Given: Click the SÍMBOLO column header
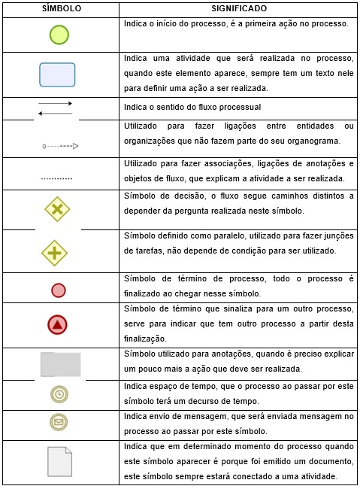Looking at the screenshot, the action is pos(60,9).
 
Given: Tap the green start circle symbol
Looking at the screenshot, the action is pos(59,35).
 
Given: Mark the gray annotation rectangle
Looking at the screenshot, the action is pos(61,363).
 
